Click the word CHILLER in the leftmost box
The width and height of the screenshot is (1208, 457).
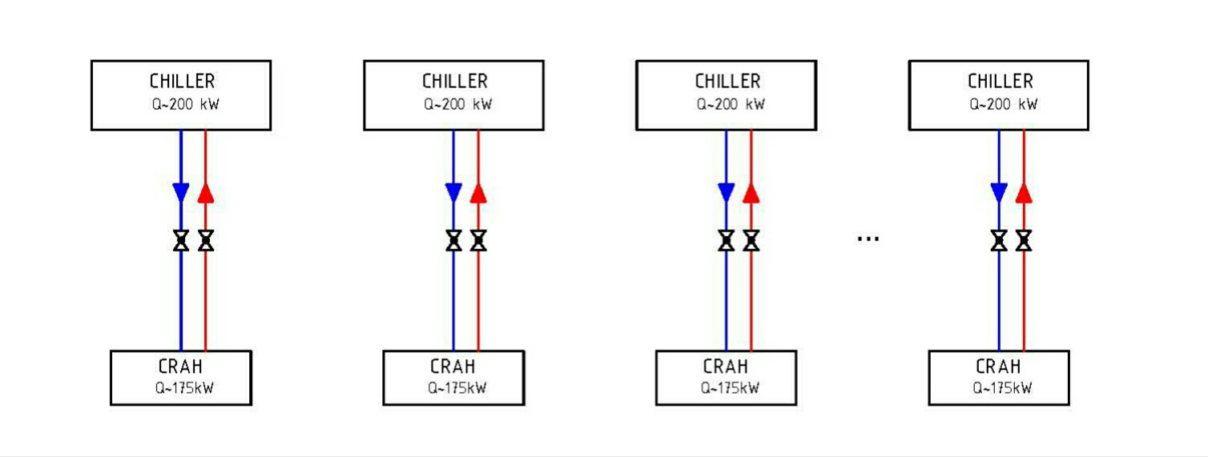point(182,82)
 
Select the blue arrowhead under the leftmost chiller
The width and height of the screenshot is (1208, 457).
point(181,193)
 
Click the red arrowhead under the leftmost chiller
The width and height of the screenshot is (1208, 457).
point(206,193)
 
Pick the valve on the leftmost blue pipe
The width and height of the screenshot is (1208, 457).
point(181,240)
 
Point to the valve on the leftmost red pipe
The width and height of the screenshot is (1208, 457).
point(206,240)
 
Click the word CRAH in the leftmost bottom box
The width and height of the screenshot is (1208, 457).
point(180,367)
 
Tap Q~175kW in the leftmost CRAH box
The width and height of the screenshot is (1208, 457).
point(180,388)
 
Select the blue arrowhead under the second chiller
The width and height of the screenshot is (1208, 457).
point(453,193)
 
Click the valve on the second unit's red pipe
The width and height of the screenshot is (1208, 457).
point(478,240)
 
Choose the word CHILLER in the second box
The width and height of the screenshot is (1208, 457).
point(454,82)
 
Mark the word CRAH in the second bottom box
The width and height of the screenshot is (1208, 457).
point(453,367)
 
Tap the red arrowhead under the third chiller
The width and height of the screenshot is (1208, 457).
point(751,193)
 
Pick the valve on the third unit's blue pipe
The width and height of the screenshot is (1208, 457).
point(726,240)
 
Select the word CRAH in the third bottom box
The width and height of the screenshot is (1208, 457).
point(726,367)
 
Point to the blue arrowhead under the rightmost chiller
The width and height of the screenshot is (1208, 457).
point(999,193)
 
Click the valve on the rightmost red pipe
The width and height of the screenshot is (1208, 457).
point(1024,240)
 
